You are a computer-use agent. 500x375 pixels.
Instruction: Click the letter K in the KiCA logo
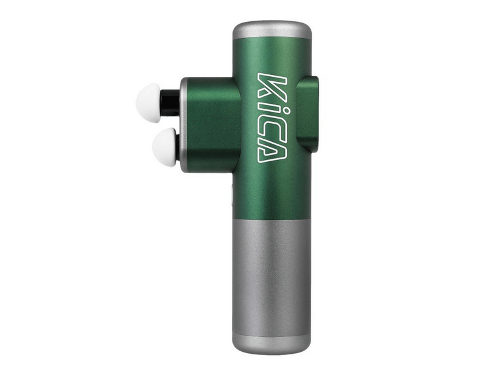click(271, 86)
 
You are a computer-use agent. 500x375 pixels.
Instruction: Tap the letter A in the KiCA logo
click(270, 151)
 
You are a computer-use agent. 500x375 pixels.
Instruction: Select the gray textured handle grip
click(272, 275)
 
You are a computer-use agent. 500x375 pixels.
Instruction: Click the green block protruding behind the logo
click(308, 112)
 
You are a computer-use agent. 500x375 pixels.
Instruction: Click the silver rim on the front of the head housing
click(183, 124)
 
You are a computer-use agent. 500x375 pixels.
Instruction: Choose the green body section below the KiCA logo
click(272, 191)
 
